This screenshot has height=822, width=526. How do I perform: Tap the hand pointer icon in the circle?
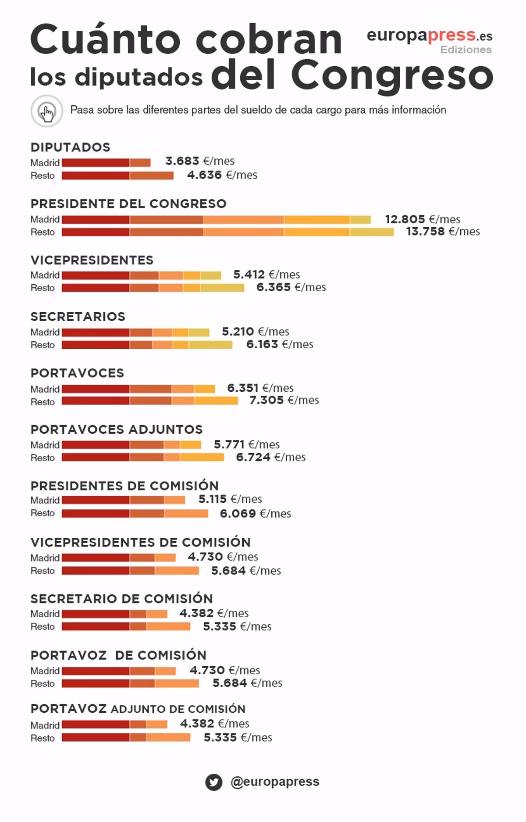click(47, 111)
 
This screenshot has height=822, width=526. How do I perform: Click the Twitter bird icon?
click(213, 782)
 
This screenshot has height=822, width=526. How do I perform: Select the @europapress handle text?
click(275, 782)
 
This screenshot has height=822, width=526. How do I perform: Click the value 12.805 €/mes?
click(423, 219)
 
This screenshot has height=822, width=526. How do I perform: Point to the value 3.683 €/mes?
click(200, 161)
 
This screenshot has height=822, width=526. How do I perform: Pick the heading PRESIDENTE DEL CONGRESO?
click(128, 204)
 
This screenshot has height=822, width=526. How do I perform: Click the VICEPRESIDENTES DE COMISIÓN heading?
click(140, 542)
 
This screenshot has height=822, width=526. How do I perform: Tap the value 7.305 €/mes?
click(284, 400)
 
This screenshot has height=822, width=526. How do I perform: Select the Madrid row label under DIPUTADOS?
click(45, 163)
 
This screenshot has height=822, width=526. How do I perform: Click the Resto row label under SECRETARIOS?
click(43, 345)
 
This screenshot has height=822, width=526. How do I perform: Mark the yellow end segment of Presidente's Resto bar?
click(372, 232)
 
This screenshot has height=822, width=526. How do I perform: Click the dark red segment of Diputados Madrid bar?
click(96, 163)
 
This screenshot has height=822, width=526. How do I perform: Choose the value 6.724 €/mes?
click(271, 457)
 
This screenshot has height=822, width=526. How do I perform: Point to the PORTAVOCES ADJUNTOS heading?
click(117, 429)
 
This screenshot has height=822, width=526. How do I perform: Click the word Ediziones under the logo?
click(466, 50)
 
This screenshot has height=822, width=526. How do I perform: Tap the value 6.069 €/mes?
click(255, 514)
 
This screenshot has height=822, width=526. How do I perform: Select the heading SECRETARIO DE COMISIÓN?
click(121, 599)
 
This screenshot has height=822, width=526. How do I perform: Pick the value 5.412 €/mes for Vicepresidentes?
click(267, 275)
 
